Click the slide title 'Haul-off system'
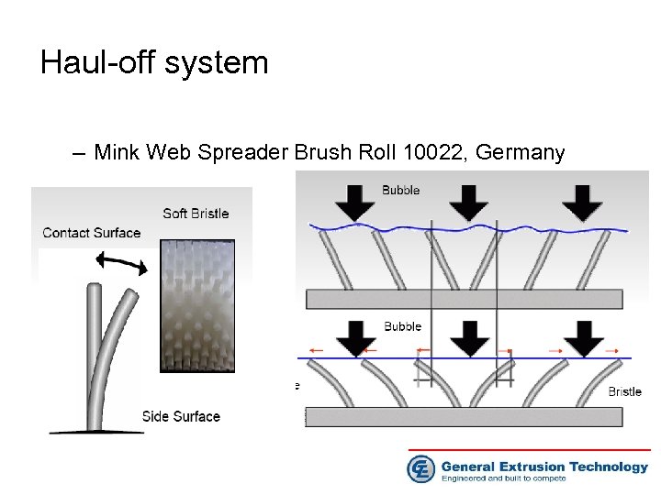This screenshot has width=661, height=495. pos(154,62)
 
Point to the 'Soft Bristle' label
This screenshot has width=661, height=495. pos(196,214)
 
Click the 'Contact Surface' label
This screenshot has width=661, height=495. pos(92,233)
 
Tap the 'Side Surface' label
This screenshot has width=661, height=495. pos(181,416)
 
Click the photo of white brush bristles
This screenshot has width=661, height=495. pos(196,305)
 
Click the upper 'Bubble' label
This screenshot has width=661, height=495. pos(401,191)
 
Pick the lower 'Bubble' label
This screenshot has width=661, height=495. pos(402,326)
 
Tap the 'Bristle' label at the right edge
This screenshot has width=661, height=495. pos(624,391)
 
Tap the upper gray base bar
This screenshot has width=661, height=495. pos(464,299)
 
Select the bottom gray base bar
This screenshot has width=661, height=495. pos(464,416)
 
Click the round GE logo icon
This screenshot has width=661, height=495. pos(420,468)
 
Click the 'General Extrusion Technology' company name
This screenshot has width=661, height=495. pos(544,467)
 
